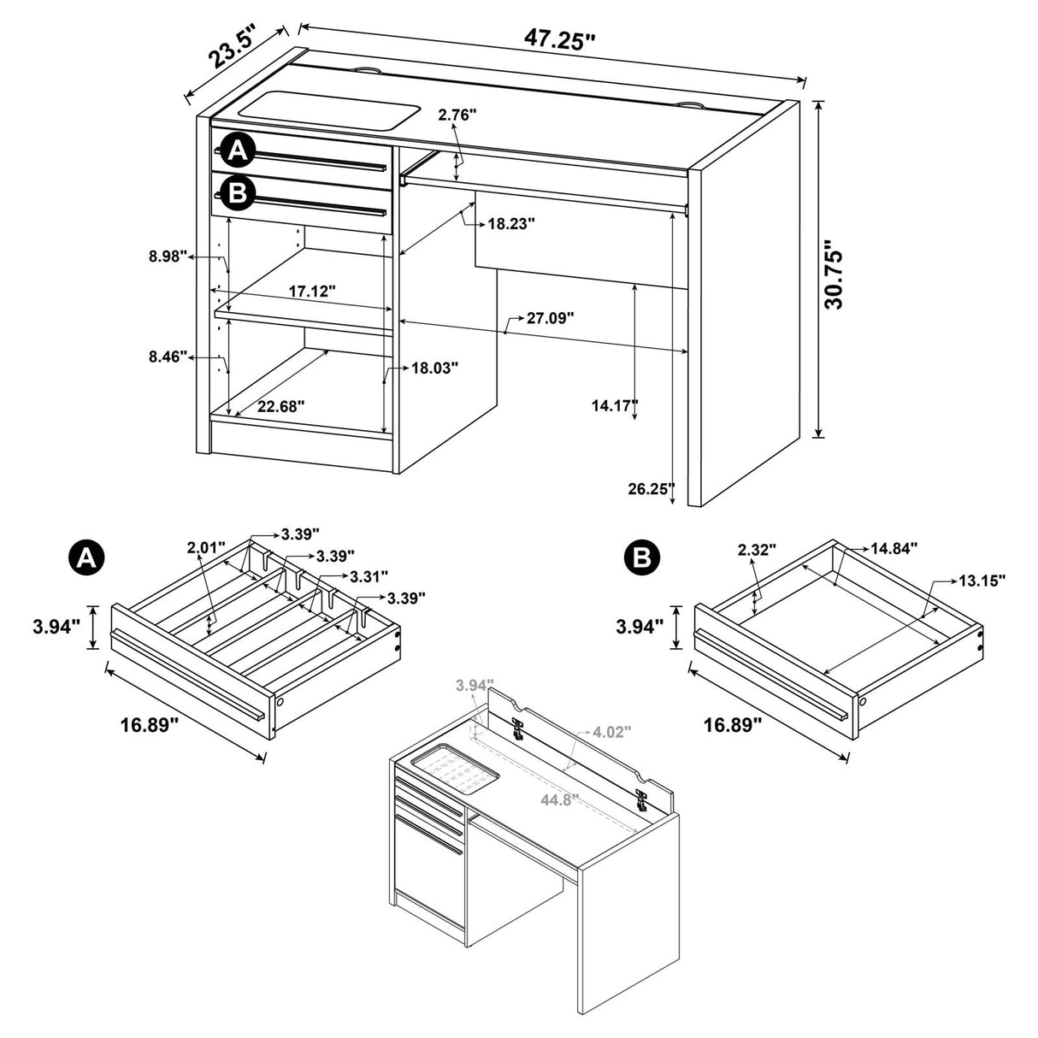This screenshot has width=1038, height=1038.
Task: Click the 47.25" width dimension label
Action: click(560, 40)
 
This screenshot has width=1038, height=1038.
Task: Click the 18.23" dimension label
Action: click(511, 224)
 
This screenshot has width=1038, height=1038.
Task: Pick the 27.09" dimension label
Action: click(550, 318)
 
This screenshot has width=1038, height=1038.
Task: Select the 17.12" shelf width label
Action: click(311, 292)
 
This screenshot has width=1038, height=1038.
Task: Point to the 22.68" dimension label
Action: click(280, 406)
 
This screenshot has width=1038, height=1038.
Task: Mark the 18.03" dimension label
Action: click(435, 368)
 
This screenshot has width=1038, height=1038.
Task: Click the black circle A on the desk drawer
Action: click(238, 152)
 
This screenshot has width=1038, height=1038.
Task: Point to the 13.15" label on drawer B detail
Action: click(981, 580)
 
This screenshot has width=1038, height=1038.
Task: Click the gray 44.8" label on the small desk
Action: click(559, 799)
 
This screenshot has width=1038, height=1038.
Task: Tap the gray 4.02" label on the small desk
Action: click(612, 732)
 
